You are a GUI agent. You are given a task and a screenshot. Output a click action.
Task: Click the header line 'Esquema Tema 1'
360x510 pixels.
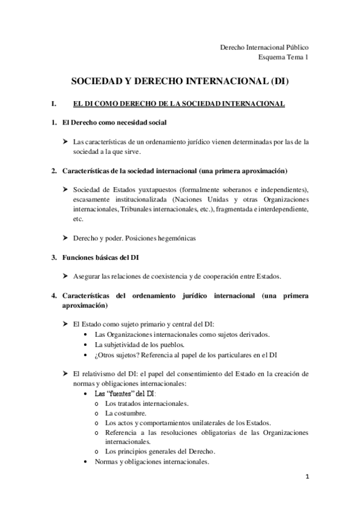[283, 57]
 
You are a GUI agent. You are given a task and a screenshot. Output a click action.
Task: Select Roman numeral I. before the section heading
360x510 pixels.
[55, 104]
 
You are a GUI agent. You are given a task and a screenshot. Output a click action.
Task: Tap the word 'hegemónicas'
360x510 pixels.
[174, 238]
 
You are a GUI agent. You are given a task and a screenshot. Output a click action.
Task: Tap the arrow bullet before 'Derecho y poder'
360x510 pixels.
[66, 238]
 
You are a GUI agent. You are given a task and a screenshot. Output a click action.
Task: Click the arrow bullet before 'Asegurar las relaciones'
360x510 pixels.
[66, 276]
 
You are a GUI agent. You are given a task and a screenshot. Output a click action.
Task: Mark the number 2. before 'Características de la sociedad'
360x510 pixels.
[54, 171]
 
